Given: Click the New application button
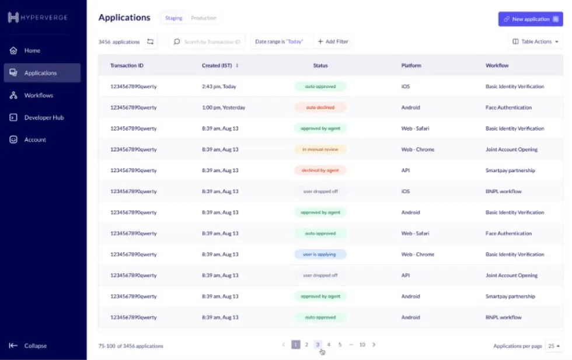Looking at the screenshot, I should pos(530,19).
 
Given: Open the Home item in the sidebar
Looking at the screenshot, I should pos(32,51).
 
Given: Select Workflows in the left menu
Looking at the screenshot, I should pos(39,95).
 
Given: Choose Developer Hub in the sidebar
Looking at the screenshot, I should pos(44,117).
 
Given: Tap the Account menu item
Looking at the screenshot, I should pos(35,139).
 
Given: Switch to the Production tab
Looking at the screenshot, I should pos(204,18).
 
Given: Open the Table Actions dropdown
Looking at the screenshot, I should pos(536,42).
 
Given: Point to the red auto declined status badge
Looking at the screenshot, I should pos(320,107).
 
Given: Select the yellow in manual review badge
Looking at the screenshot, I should pos(320,149).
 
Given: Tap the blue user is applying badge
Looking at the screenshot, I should pos(320,254).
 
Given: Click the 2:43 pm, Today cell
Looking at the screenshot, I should pos(219,86).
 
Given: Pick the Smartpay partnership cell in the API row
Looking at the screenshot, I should pos(510,170).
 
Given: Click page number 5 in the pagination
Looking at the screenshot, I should pos(340,345).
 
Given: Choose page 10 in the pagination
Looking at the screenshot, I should pos(362,345).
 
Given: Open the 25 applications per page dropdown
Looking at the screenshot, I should pos(553,346).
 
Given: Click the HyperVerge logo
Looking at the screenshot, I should pos(38,18).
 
